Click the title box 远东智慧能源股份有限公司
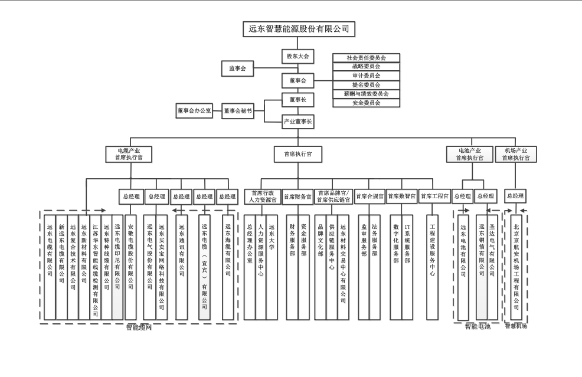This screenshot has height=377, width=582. [x=299, y=28]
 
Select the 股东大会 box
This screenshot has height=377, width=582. [x=297, y=57]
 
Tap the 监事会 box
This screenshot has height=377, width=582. [x=237, y=68]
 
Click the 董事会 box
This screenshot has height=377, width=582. [x=297, y=80]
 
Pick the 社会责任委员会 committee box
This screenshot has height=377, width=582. [x=366, y=58]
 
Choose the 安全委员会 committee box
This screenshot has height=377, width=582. [x=366, y=103]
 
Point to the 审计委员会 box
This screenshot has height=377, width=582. [x=366, y=76]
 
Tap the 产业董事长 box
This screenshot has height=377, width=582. [x=297, y=122]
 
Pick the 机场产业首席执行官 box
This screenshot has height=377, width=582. [x=516, y=154]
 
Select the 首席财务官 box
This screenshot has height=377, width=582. [x=297, y=196]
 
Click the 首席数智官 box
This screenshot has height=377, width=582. [x=402, y=196]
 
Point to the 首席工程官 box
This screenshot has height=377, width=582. [x=434, y=196]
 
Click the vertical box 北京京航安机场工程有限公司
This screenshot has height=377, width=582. [x=516, y=265]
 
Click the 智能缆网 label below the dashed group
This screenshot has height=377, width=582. [x=139, y=327]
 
